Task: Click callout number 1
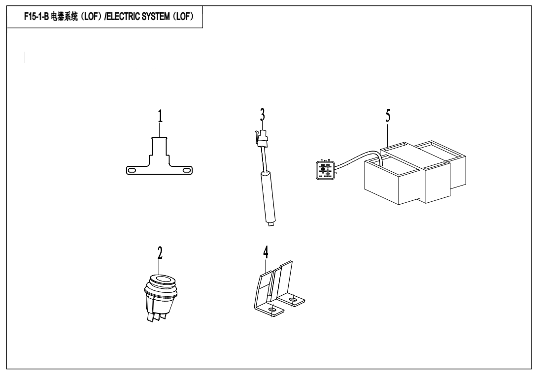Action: point(160,116)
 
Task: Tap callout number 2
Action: point(160,253)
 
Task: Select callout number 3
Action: point(262,115)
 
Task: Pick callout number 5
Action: point(388,116)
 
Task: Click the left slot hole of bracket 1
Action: point(132,170)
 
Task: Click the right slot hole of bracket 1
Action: point(187,170)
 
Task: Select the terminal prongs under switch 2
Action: point(156,316)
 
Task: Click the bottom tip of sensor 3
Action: point(271,225)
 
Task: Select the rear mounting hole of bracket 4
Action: point(292,300)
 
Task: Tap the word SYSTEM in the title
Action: point(156,16)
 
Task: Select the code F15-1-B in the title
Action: point(36,17)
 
